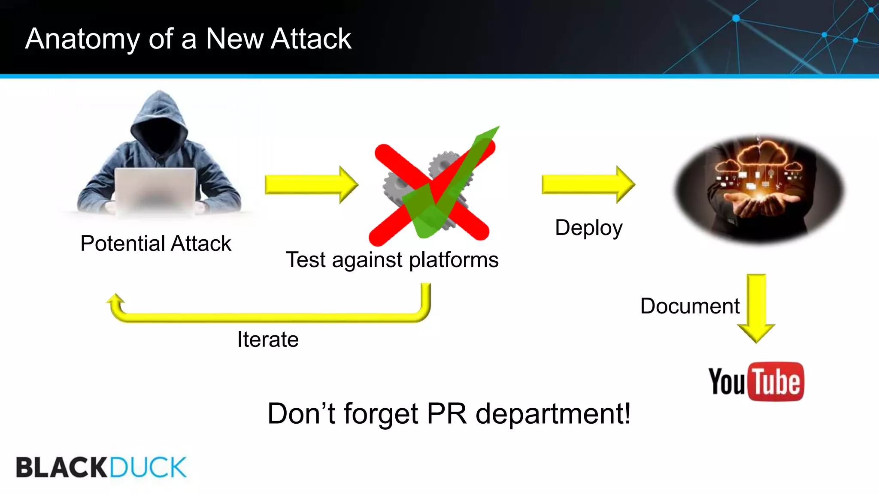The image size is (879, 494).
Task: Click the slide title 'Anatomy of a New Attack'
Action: point(188,39)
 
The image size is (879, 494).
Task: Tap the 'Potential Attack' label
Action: point(156,244)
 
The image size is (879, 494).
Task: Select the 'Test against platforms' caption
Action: point(392,260)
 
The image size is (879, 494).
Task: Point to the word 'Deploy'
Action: point(588,228)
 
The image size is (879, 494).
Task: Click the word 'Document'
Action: point(690,306)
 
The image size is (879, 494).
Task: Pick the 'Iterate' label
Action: point(268,340)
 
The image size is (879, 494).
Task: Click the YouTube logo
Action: point(756,381)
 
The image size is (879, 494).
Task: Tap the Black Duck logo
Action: point(101,467)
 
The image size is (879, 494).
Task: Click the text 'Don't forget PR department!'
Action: point(449,414)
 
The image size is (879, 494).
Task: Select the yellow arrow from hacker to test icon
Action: point(311,185)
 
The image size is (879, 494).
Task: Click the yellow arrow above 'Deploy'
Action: point(588,184)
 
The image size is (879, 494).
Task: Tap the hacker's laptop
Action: point(155,189)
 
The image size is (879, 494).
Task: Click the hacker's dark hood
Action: point(159,120)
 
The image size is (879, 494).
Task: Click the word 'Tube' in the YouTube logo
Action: point(776,382)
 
